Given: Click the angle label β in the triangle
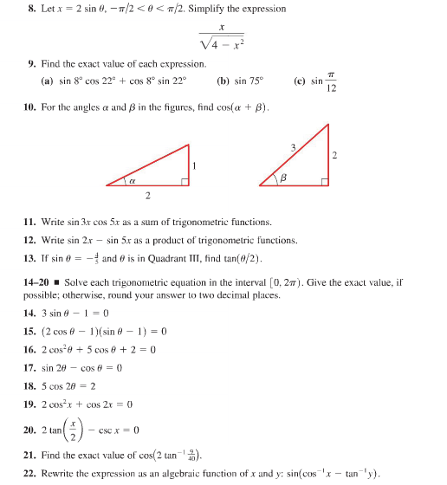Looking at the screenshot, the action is (280, 178).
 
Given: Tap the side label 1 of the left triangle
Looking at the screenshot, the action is (196, 165).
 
